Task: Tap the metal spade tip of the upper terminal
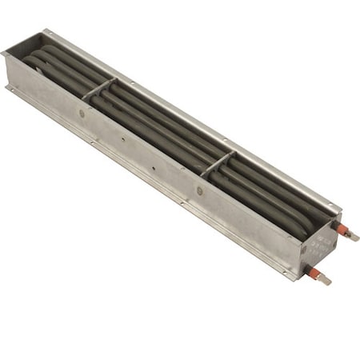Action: [x=354, y=238]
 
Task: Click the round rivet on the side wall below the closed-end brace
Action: [x=82, y=114]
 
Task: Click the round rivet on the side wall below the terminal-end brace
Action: [x=200, y=190]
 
